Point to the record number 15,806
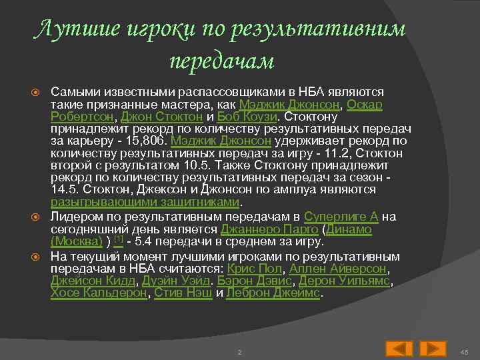click(x=146, y=141)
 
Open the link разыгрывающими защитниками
click(x=145, y=202)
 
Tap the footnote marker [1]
click(x=118, y=239)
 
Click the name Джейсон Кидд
click(x=89, y=281)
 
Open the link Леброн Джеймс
click(x=274, y=293)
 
